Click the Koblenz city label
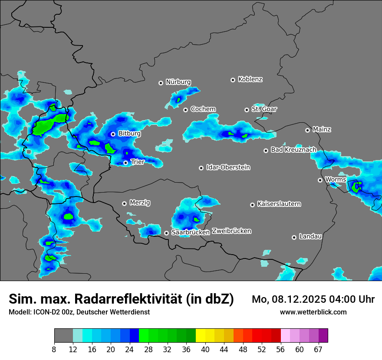tap(250, 79)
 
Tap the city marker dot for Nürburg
tap(161, 82)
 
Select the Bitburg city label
tap(129, 134)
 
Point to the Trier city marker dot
tap(125, 163)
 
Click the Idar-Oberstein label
tap(228, 167)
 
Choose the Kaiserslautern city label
tap(279, 204)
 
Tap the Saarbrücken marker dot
tap(166, 233)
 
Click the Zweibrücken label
tap(231, 231)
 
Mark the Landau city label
tap(310, 236)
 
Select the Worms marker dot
tap(320, 180)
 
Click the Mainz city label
tap(322, 129)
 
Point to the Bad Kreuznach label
tap(293, 150)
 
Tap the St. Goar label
tap(264, 109)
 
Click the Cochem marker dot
tap(185, 110)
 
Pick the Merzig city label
tap(140, 203)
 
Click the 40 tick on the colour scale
tap(205, 350)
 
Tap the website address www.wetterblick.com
tap(313, 312)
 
